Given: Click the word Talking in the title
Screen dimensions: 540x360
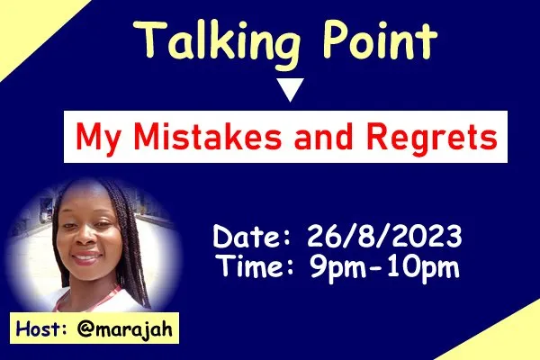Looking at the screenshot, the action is [217, 43].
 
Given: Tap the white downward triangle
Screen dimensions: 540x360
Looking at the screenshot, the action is [291, 90].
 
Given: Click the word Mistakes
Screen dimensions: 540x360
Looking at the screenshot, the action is [208, 136].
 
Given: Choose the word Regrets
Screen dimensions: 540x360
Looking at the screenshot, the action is [432, 139].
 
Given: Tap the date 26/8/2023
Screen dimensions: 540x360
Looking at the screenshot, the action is [384, 237].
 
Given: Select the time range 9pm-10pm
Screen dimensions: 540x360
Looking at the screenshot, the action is [384, 267].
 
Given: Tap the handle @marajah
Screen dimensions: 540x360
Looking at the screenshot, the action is [125, 329].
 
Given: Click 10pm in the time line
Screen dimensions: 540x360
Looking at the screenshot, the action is [424, 267].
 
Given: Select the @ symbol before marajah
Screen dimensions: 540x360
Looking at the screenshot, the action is [85, 329].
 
